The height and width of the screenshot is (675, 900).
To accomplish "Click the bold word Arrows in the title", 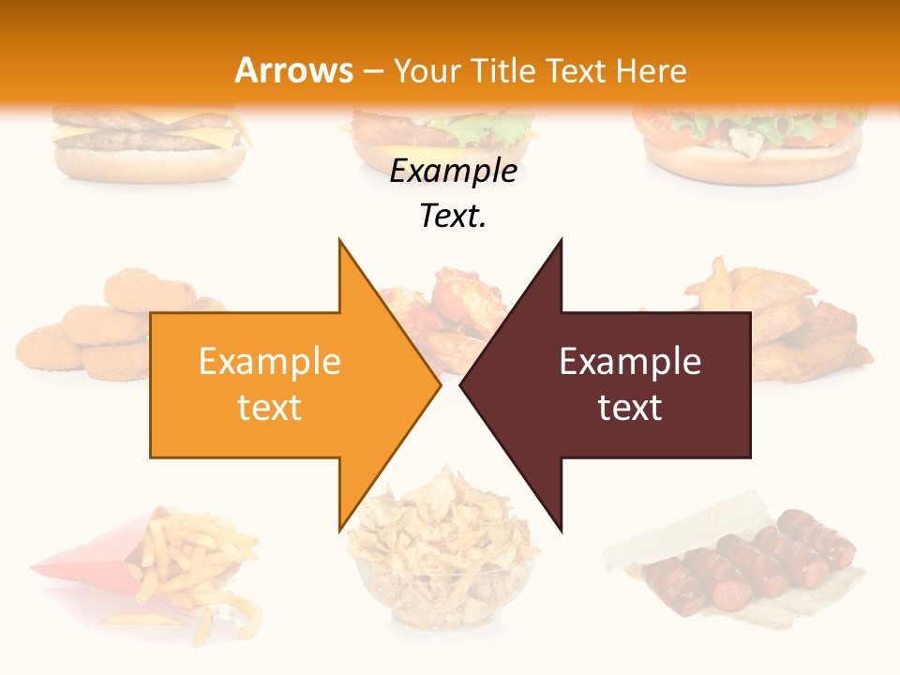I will click(294, 70).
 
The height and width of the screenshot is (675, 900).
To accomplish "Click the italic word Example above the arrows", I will click(453, 171).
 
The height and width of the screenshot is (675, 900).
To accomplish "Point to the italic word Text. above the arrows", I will click(453, 216).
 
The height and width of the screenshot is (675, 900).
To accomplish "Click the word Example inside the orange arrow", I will click(270, 362).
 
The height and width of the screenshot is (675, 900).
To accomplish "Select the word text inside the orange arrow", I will click(270, 408).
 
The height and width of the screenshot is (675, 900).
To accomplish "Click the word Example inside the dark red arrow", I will click(630, 362).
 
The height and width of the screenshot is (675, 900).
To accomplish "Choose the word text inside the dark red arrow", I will click(630, 408).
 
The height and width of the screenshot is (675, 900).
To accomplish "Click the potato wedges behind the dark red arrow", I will click(806, 328).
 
